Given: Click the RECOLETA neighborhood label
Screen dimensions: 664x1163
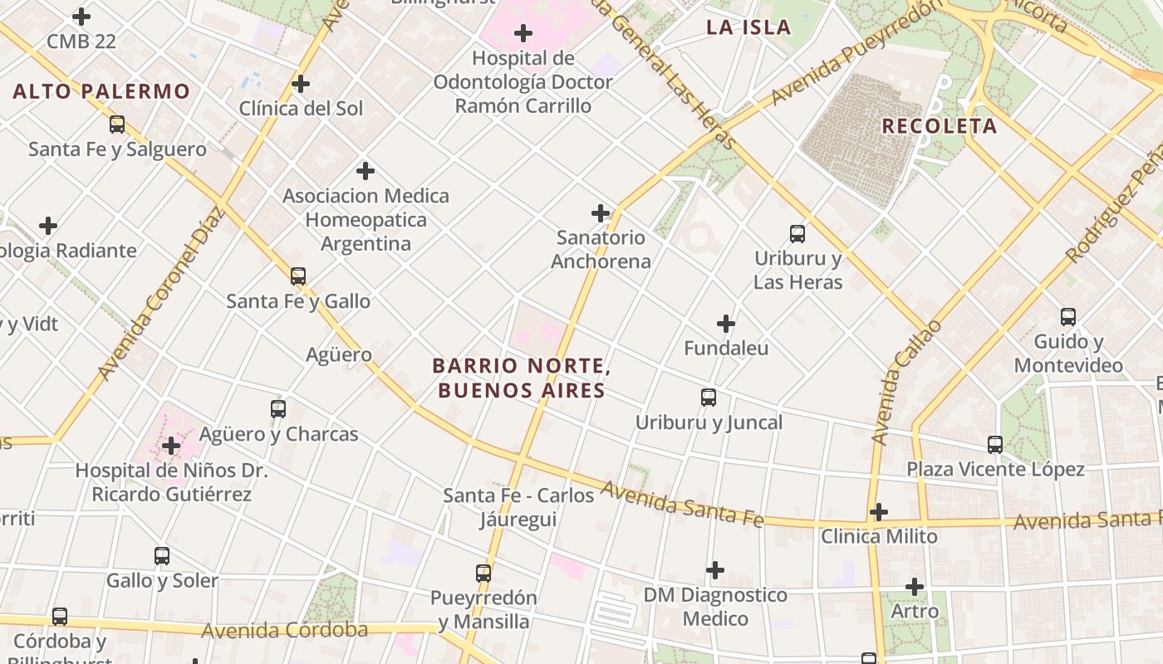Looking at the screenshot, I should pyautogui.click(x=939, y=126).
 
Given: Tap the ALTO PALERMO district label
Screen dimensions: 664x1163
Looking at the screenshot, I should pyautogui.click(x=101, y=91).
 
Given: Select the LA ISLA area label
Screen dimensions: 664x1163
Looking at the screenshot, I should pyautogui.click(x=748, y=27).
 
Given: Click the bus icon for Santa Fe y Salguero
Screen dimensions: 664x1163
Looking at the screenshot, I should pyautogui.click(x=117, y=124).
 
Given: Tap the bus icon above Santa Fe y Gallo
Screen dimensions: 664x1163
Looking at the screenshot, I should pyautogui.click(x=298, y=276).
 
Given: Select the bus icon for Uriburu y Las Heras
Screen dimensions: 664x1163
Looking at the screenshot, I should pyautogui.click(x=797, y=234).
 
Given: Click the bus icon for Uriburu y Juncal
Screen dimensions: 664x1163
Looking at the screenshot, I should pyautogui.click(x=709, y=398).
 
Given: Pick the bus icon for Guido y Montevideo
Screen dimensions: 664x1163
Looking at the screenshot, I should pyautogui.click(x=1068, y=317).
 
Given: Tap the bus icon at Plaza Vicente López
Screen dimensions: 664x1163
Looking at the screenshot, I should pyautogui.click(x=995, y=445).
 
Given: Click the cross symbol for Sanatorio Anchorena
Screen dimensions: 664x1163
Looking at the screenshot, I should pyautogui.click(x=601, y=213).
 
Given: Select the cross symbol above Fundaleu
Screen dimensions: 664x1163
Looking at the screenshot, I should pyautogui.click(x=726, y=324).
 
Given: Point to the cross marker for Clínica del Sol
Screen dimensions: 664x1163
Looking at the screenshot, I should pyautogui.click(x=301, y=84).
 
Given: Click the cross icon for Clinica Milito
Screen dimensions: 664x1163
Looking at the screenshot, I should pyautogui.click(x=879, y=512).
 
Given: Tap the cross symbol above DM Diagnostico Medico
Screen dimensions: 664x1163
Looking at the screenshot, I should pyautogui.click(x=715, y=570).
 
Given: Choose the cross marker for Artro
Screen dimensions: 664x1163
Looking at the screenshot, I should pyautogui.click(x=915, y=587).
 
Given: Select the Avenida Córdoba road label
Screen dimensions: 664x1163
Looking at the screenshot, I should pyautogui.click(x=284, y=630).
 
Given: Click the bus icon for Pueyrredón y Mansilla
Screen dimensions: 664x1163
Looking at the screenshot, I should pyautogui.click(x=483, y=573).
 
